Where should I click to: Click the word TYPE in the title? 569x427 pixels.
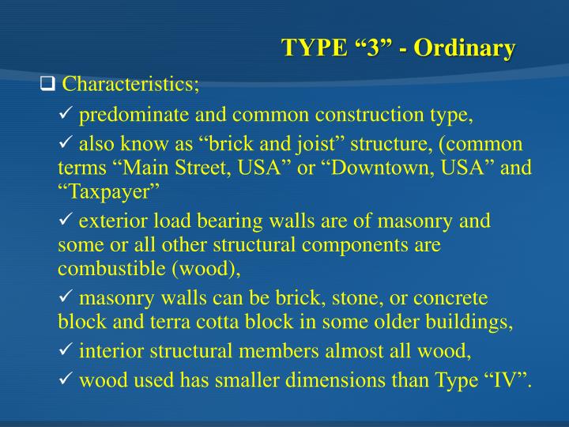pos(313,48)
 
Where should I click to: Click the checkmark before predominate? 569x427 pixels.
pos(66,115)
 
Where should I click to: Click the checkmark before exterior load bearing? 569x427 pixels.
pos(66,221)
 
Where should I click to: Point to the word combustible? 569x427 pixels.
pos(106,269)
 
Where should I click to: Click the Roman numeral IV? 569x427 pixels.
pos(499,382)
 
